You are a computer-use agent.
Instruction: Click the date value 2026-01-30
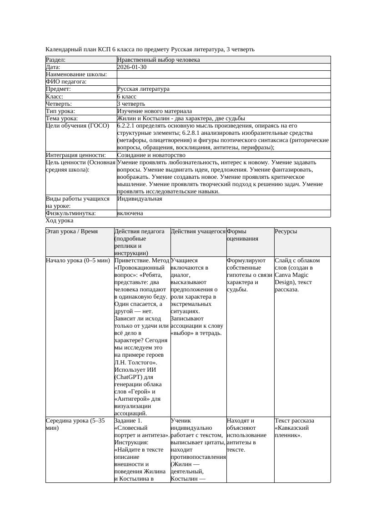(132, 67)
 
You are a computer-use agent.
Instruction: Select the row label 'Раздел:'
(56, 60)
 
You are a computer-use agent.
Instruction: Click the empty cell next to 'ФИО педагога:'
(223, 82)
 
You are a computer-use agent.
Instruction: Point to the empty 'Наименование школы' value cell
(223, 74)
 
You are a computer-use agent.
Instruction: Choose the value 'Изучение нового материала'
(154, 111)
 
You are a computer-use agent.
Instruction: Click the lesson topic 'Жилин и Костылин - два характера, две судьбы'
(180, 118)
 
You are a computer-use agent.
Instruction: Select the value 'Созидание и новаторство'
(151, 155)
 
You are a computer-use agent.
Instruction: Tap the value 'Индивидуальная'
(139, 199)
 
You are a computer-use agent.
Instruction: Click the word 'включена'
(130, 213)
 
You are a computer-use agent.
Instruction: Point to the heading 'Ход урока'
(60, 221)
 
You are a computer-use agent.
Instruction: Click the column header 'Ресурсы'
(286, 231)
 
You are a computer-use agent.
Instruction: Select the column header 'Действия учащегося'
(198, 231)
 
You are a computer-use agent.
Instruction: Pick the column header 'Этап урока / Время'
(72, 231)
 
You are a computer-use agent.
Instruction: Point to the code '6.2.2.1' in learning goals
(127, 126)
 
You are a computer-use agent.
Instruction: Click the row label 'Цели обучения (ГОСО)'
(78, 126)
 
